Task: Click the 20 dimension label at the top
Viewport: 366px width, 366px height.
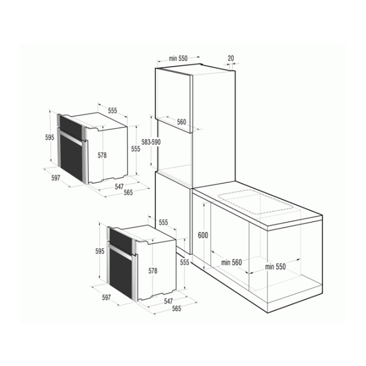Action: (231, 58)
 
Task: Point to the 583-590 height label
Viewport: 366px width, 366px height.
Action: (151, 142)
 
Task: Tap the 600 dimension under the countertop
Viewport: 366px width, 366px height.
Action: (203, 235)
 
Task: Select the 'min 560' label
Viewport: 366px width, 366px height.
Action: (231, 262)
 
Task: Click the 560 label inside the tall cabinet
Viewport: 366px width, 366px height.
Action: (181, 122)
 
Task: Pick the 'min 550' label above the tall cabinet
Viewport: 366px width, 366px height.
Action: (178, 59)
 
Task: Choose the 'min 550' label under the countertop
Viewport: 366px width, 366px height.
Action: (275, 267)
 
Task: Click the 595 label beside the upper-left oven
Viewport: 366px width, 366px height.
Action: (49, 137)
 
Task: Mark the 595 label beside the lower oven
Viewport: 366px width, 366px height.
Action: (99, 251)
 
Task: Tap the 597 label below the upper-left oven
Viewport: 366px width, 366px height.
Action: (56, 178)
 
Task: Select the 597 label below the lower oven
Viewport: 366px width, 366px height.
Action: (106, 298)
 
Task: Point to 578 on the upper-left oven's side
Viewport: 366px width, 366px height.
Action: (102, 155)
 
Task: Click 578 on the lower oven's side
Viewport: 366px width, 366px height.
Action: (153, 271)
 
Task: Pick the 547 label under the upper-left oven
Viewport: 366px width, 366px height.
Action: (119, 187)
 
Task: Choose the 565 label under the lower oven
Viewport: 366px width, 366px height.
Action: (176, 309)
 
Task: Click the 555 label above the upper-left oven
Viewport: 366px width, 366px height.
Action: (112, 110)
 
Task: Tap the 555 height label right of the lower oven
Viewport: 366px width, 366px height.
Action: (184, 262)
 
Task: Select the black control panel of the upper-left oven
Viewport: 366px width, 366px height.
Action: (71, 127)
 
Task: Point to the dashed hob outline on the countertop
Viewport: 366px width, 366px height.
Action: (256, 202)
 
